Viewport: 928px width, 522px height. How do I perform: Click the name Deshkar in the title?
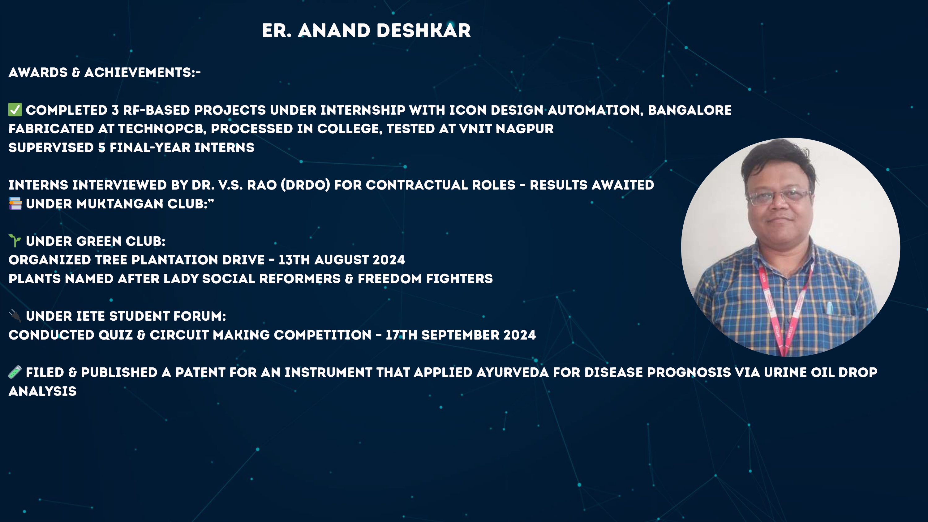click(x=424, y=31)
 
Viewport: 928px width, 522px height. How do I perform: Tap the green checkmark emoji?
click(x=15, y=109)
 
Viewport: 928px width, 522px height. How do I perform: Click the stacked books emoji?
click(x=15, y=203)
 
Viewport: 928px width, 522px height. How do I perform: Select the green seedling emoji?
click(x=15, y=241)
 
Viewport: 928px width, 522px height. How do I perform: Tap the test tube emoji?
click(x=15, y=372)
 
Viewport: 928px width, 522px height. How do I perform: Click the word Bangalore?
click(x=690, y=110)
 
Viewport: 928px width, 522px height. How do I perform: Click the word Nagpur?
click(x=525, y=129)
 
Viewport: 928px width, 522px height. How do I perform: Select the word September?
click(x=460, y=335)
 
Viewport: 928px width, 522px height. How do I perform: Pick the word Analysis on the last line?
click(x=42, y=391)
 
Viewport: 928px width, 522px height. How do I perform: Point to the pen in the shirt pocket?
click(x=829, y=308)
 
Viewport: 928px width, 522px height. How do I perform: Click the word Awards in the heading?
click(x=38, y=72)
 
